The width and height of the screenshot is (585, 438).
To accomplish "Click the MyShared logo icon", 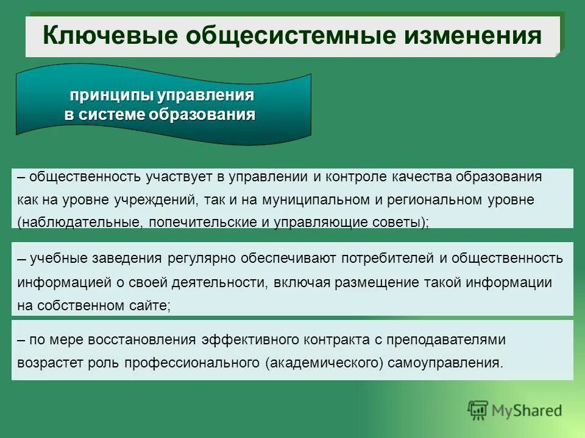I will point(478,411).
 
